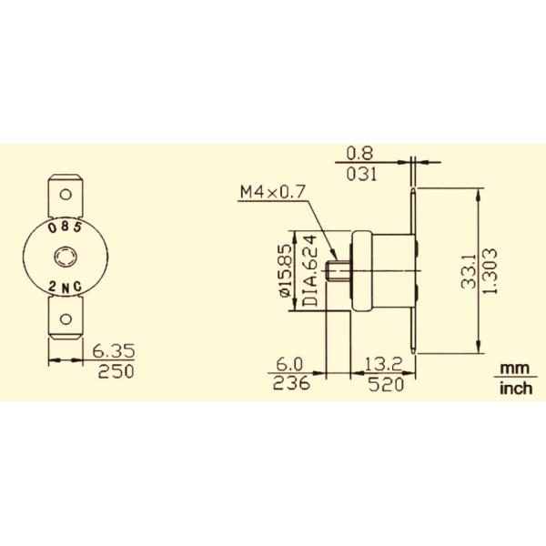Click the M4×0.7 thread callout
click(270, 192)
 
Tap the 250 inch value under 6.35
click(114, 371)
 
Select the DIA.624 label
click(308, 271)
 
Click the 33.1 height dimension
click(468, 271)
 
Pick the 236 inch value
click(290, 383)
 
